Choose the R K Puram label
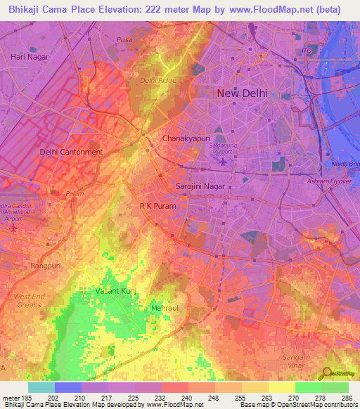click(157, 207)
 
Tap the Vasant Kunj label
click(115, 290)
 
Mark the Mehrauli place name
click(166, 309)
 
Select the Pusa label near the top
click(125, 40)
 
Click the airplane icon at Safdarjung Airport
click(224, 162)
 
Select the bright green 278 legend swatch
click(308, 387)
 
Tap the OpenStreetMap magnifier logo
click(327, 373)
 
